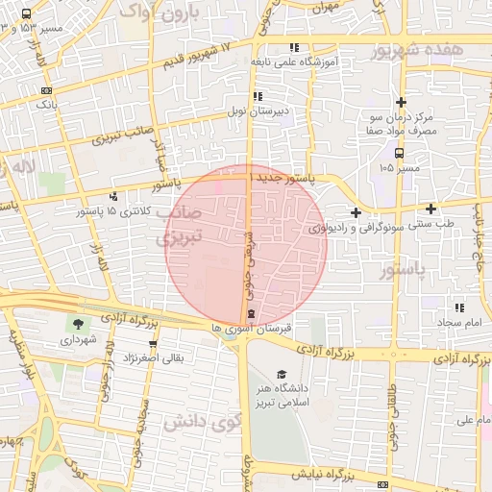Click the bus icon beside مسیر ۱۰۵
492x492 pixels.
[x=399, y=152]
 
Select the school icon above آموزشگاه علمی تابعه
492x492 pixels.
[x=294, y=47]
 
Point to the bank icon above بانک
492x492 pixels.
[x=46, y=90]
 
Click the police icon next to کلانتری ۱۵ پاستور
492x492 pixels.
[x=113, y=196]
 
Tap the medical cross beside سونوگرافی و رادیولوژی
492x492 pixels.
[x=356, y=212]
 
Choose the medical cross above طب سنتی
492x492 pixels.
[x=430, y=209]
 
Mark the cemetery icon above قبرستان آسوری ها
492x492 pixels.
[x=251, y=314]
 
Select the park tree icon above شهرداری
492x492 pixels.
[x=77, y=324]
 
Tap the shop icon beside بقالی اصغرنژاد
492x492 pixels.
[x=152, y=343]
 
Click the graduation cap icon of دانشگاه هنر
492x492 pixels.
[x=281, y=374]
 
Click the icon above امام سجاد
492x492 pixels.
[x=459, y=307]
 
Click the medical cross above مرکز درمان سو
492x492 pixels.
[x=401, y=102]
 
